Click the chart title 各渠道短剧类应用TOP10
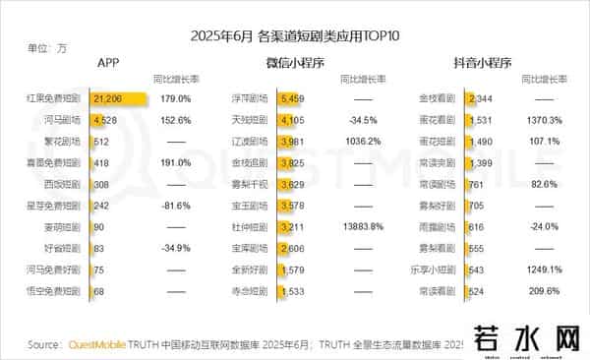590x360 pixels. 295,36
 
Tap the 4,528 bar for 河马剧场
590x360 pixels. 104,119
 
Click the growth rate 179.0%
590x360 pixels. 174,98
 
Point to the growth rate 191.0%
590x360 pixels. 174,160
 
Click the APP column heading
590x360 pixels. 108,63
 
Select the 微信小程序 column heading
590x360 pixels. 295,63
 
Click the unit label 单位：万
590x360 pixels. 47,47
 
